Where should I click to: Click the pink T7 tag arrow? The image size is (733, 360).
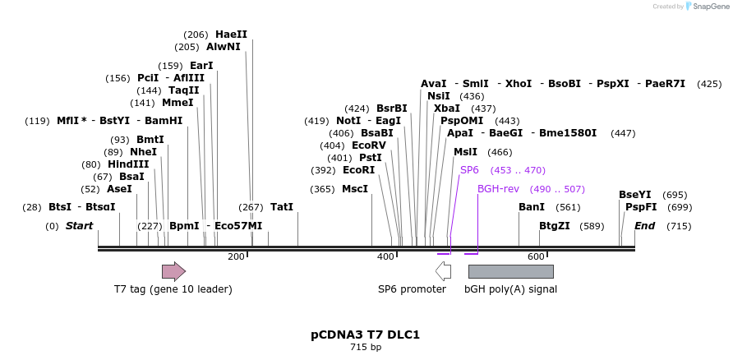[173, 271]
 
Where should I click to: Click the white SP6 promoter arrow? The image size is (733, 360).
[443, 271]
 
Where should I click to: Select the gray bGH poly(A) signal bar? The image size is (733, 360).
[510, 271]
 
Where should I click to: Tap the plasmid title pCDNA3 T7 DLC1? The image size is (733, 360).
[366, 335]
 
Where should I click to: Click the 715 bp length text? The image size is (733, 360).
[366, 348]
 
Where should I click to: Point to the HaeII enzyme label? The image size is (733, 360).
[231, 35]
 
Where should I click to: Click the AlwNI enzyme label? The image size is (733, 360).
[224, 47]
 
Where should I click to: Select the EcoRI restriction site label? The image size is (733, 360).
[358, 170]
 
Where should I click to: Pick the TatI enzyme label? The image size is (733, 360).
[282, 206]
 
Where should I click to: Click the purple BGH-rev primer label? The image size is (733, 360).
[498, 188]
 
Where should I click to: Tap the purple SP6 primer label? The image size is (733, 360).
[469, 169]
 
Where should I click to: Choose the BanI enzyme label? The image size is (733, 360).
[532, 206]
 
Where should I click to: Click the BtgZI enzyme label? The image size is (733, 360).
[555, 225]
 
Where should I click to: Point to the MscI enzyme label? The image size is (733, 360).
[355, 189]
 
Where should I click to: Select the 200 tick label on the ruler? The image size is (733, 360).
[236, 257]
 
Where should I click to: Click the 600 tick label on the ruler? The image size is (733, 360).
[536, 257]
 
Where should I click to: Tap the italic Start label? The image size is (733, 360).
[80, 225]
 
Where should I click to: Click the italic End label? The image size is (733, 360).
[644, 225]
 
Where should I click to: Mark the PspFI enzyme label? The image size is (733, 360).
[641, 206]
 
